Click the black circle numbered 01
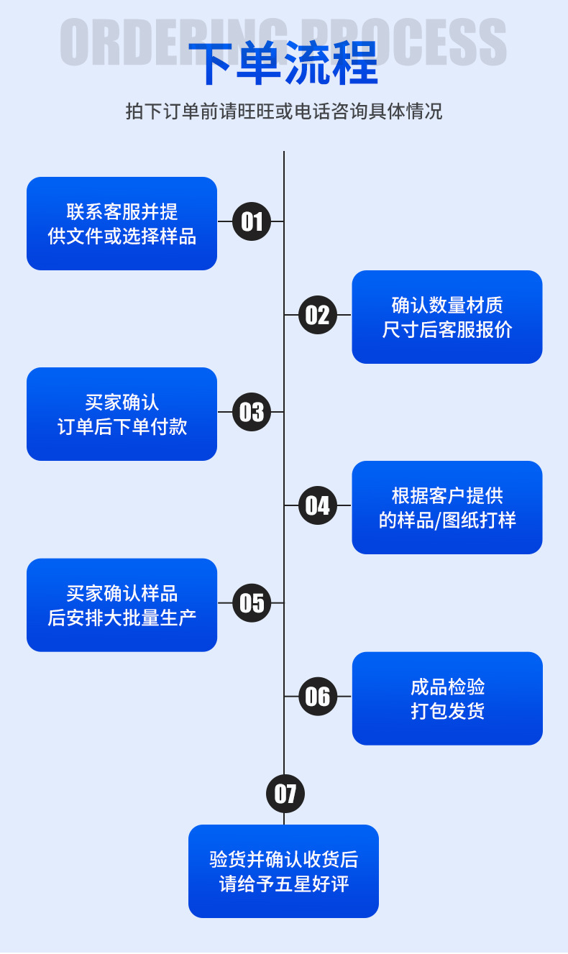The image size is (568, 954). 252,221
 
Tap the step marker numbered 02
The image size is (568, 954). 318,316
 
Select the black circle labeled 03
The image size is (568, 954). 252,412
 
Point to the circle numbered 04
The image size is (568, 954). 318,506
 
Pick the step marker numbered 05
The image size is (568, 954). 252,602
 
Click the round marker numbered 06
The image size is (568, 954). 318,697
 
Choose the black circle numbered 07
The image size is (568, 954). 285,794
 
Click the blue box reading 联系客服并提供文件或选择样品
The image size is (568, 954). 122,224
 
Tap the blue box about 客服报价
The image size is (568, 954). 446,317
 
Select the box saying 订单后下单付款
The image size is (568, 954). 122,414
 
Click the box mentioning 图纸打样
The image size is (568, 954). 446,508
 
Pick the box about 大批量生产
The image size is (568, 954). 122,605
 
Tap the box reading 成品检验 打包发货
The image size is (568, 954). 446,698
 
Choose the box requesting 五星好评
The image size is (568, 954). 283,871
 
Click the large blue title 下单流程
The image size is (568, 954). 283,65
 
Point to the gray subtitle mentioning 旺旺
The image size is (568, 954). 283,111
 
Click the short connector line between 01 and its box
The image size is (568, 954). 225,221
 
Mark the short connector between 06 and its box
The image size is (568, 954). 344,697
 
